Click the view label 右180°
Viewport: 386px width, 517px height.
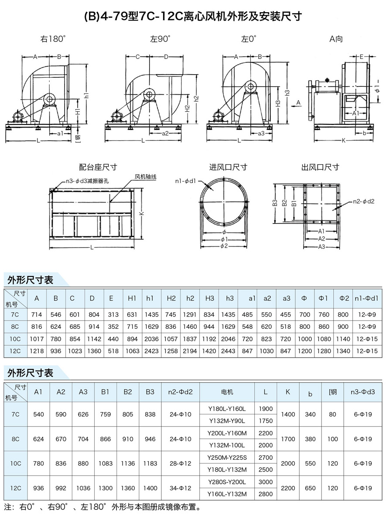(x=53, y=39)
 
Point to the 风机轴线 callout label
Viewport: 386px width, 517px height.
(x=145, y=177)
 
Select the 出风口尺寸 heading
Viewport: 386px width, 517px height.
(x=320, y=167)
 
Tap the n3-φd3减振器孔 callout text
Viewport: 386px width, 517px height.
(x=87, y=182)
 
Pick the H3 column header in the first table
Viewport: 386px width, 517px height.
(x=209, y=298)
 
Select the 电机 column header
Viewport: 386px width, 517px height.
(x=227, y=392)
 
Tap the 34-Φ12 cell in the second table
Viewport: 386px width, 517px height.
(x=181, y=488)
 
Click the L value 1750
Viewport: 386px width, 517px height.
(x=266, y=421)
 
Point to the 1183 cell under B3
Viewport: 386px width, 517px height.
(x=150, y=463)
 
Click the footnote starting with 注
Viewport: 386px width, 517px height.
(x=102, y=508)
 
